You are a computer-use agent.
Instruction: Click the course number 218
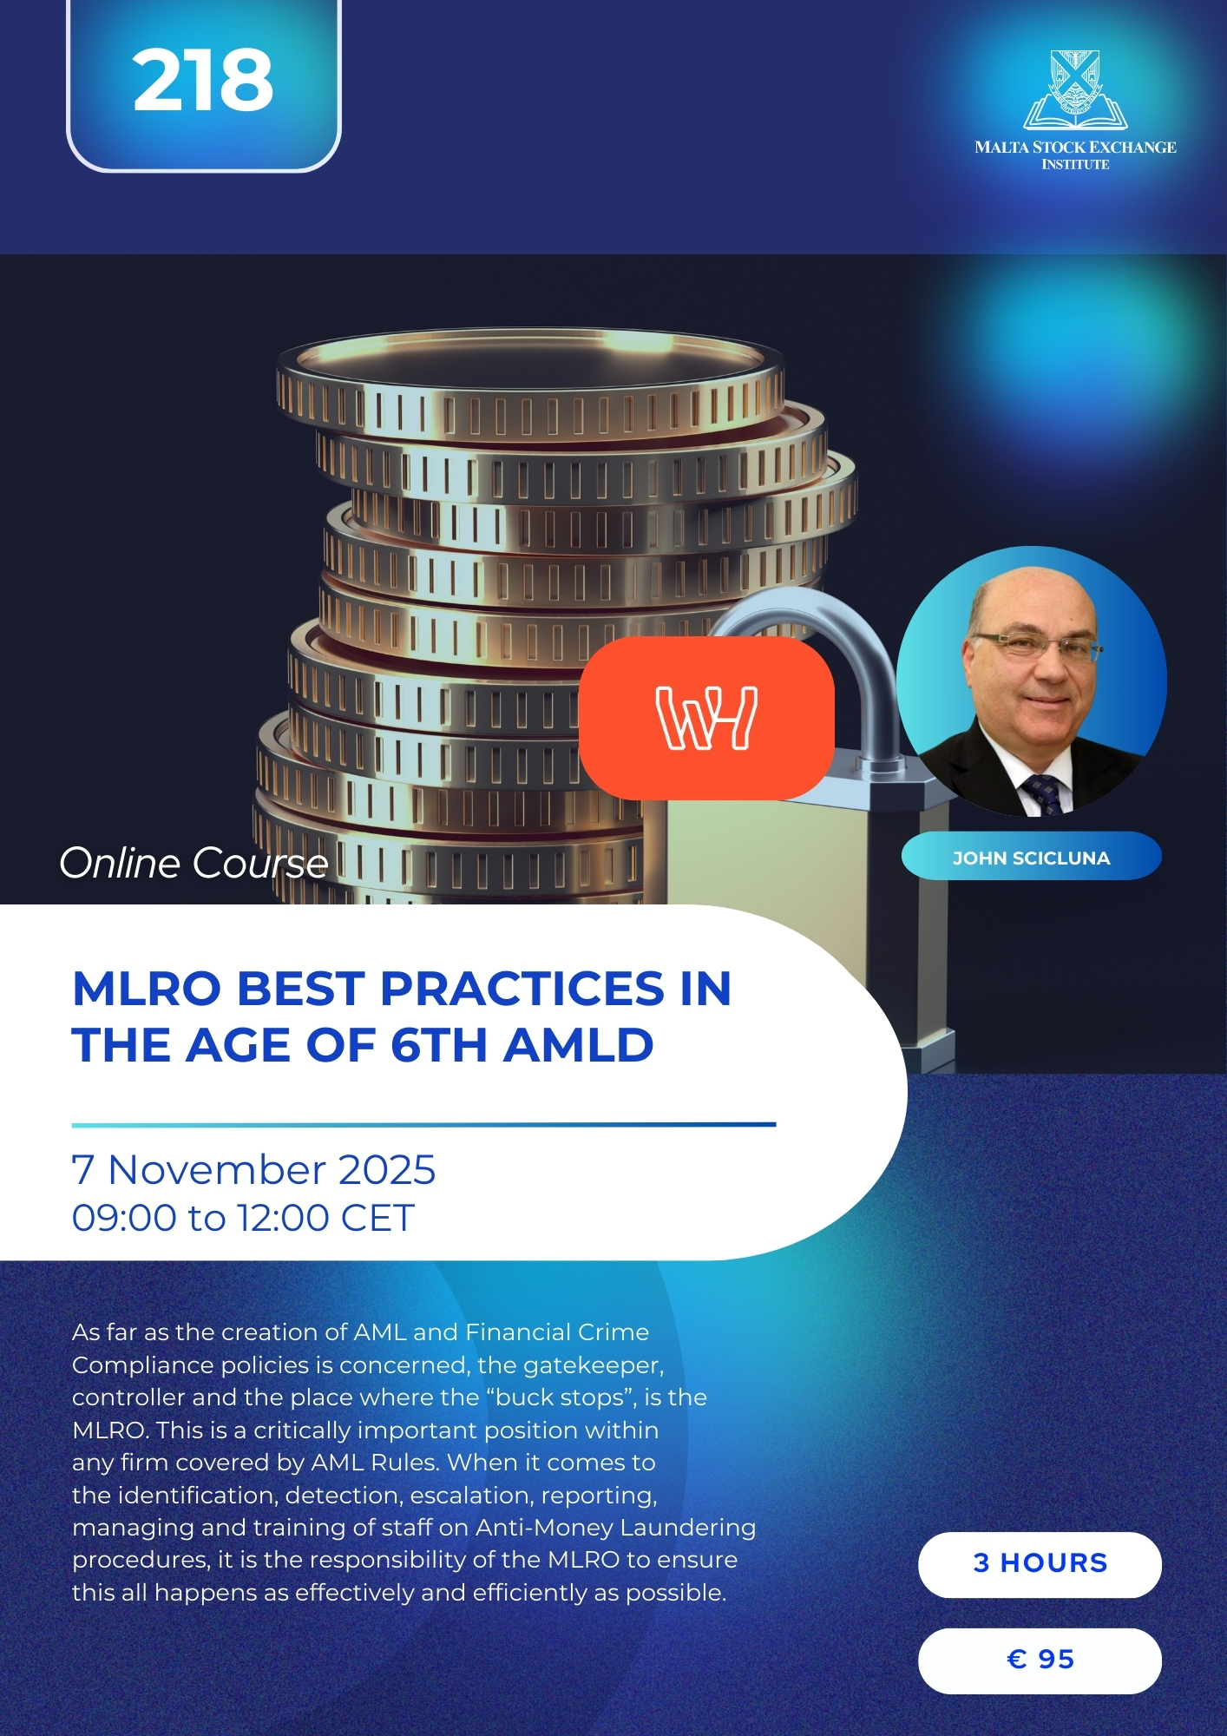click(x=203, y=81)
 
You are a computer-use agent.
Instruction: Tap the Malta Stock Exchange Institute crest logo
click(x=1075, y=89)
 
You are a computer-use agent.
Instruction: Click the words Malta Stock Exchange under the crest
click(x=1075, y=148)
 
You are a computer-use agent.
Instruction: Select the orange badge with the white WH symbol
click(x=706, y=718)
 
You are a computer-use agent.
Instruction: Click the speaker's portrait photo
click(x=1032, y=681)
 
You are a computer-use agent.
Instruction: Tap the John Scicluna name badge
click(x=1032, y=858)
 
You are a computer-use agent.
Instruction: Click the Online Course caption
click(x=194, y=863)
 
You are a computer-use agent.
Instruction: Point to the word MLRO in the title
click(x=147, y=989)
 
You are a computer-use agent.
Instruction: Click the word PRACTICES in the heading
click(x=522, y=989)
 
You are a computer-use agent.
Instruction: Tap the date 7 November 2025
click(x=253, y=1169)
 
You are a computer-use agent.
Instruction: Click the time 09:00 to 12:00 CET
click(x=243, y=1217)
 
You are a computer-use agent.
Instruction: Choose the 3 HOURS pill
click(x=1040, y=1563)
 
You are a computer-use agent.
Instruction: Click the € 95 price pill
click(x=1040, y=1660)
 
